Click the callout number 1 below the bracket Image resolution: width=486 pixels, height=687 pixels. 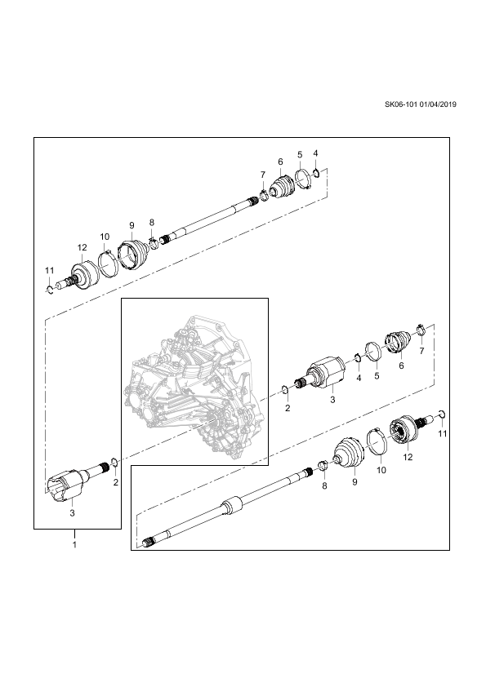point(74,545)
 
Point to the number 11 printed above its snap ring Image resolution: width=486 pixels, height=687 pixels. point(49,271)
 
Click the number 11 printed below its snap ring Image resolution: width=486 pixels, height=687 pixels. point(443,433)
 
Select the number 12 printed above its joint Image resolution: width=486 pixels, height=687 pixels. point(82,247)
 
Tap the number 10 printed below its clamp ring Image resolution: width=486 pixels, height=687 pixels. point(381,470)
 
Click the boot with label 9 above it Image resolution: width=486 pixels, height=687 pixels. point(133,255)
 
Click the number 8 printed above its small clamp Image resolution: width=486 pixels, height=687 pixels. point(152,222)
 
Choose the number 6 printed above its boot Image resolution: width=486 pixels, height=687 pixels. point(280,162)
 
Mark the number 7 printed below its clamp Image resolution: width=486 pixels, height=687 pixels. point(422,351)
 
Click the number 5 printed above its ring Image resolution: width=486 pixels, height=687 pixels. point(300,155)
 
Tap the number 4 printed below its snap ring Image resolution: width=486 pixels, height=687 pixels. point(359,378)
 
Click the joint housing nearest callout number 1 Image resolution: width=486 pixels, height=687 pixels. point(64,484)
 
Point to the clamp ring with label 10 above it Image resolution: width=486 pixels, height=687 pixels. point(106,263)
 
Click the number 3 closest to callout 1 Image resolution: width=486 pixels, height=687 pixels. point(73,513)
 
